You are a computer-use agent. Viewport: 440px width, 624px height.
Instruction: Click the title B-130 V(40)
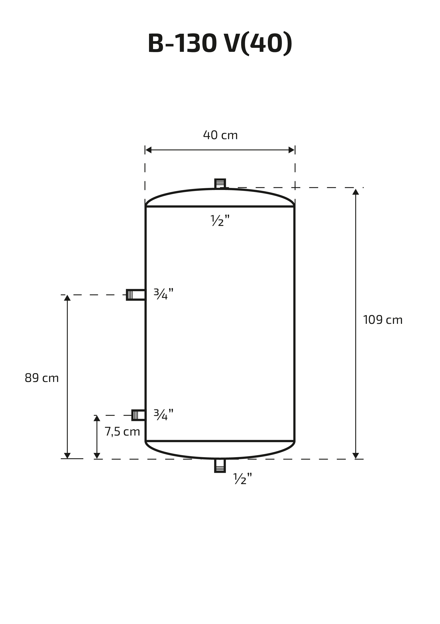coord(220,44)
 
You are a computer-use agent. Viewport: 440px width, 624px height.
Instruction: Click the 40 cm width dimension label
coord(220,135)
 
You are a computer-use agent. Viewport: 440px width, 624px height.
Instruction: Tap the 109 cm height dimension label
coord(383,320)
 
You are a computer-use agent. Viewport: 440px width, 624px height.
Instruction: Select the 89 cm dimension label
coord(42,378)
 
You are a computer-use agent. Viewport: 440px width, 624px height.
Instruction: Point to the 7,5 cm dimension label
coord(122,431)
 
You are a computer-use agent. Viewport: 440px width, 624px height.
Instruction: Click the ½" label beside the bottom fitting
coord(243,478)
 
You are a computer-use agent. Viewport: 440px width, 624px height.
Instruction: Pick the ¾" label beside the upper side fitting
coord(163,294)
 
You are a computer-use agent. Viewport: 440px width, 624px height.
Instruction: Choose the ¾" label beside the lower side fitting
coord(163,415)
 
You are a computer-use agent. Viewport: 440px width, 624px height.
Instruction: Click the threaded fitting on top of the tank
coord(220,183)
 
